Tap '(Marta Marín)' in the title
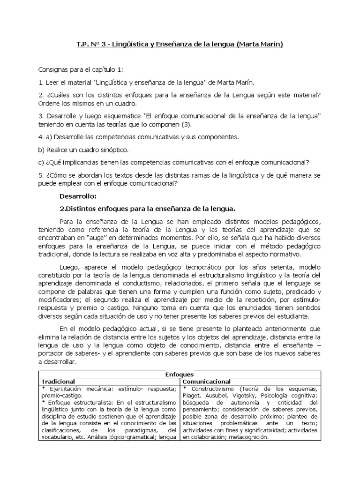[x=260, y=45]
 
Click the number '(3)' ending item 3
[x=186, y=125]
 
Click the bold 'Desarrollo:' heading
[x=79, y=195]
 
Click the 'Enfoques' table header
[x=180, y=375]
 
